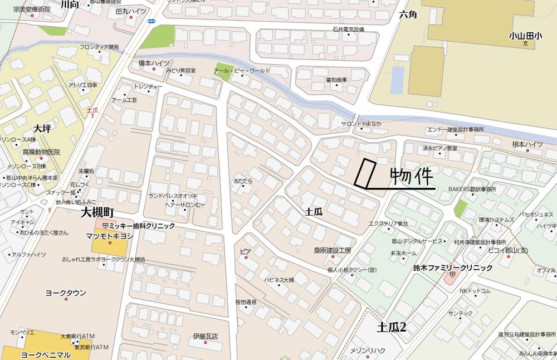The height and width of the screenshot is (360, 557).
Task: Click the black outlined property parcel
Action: [365, 173]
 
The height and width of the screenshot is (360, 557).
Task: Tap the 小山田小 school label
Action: [525, 36]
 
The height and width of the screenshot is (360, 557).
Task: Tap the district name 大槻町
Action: [97, 212]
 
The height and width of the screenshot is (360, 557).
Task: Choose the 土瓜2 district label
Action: [392, 327]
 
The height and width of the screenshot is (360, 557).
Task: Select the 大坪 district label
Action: [41, 129]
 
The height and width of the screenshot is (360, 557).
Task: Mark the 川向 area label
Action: [70, 4]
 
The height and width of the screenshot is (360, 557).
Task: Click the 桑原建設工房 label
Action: [333, 250]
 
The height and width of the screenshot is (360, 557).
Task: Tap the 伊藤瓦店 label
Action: [205, 337]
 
